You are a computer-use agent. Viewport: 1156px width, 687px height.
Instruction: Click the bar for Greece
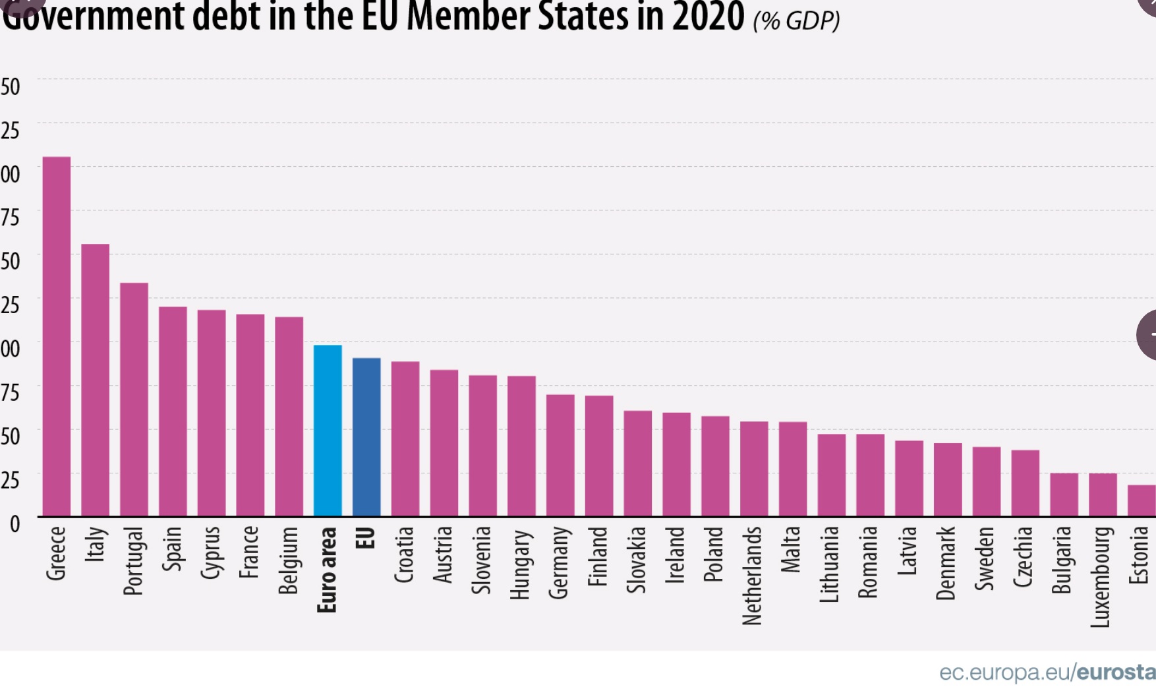click(57, 336)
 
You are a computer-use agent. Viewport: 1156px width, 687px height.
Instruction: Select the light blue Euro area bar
click(328, 430)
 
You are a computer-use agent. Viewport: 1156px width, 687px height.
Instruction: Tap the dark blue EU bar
click(366, 436)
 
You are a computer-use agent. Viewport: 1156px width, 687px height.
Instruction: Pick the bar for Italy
click(96, 380)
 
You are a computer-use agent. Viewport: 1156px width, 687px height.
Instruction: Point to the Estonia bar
click(1142, 500)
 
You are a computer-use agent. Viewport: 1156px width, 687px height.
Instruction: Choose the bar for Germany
click(560, 455)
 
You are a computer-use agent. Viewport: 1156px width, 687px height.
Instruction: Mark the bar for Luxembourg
click(1103, 494)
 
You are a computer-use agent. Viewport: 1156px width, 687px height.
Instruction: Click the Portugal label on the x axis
click(134, 560)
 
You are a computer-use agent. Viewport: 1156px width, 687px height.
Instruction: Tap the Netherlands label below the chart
click(753, 575)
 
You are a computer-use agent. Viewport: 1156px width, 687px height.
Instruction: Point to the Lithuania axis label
click(830, 564)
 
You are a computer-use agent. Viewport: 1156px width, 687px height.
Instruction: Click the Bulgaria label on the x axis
click(1063, 560)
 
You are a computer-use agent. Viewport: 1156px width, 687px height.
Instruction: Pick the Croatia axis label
click(405, 554)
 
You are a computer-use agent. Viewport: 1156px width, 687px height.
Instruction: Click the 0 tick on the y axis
click(14, 525)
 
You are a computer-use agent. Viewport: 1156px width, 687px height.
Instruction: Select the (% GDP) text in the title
click(796, 20)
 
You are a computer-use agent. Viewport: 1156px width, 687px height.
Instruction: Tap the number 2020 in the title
click(708, 16)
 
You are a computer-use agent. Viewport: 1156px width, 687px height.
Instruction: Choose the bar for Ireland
click(676, 464)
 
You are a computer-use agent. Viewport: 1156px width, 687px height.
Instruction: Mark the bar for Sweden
click(987, 481)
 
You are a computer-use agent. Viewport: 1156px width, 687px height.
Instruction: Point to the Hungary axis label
click(521, 564)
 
